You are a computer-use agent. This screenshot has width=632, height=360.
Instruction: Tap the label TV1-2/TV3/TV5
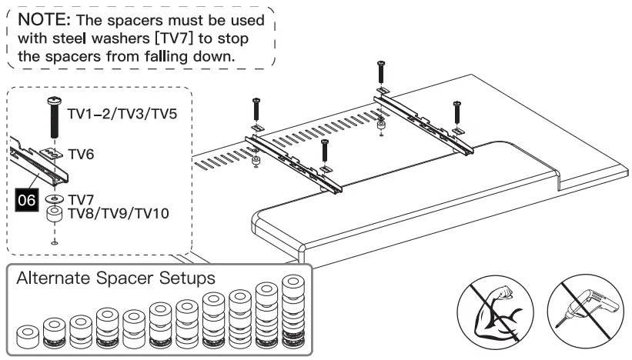tap(122, 114)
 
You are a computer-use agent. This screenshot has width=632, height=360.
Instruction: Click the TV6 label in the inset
tap(82, 155)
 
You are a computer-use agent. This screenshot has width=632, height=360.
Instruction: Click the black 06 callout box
tap(28, 202)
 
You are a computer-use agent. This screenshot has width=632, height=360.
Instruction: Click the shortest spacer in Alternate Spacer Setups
tap(28, 335)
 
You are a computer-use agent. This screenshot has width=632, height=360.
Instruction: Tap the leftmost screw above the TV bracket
tap(256, 109)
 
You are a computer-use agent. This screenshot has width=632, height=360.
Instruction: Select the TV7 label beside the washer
tap(80, 199)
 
